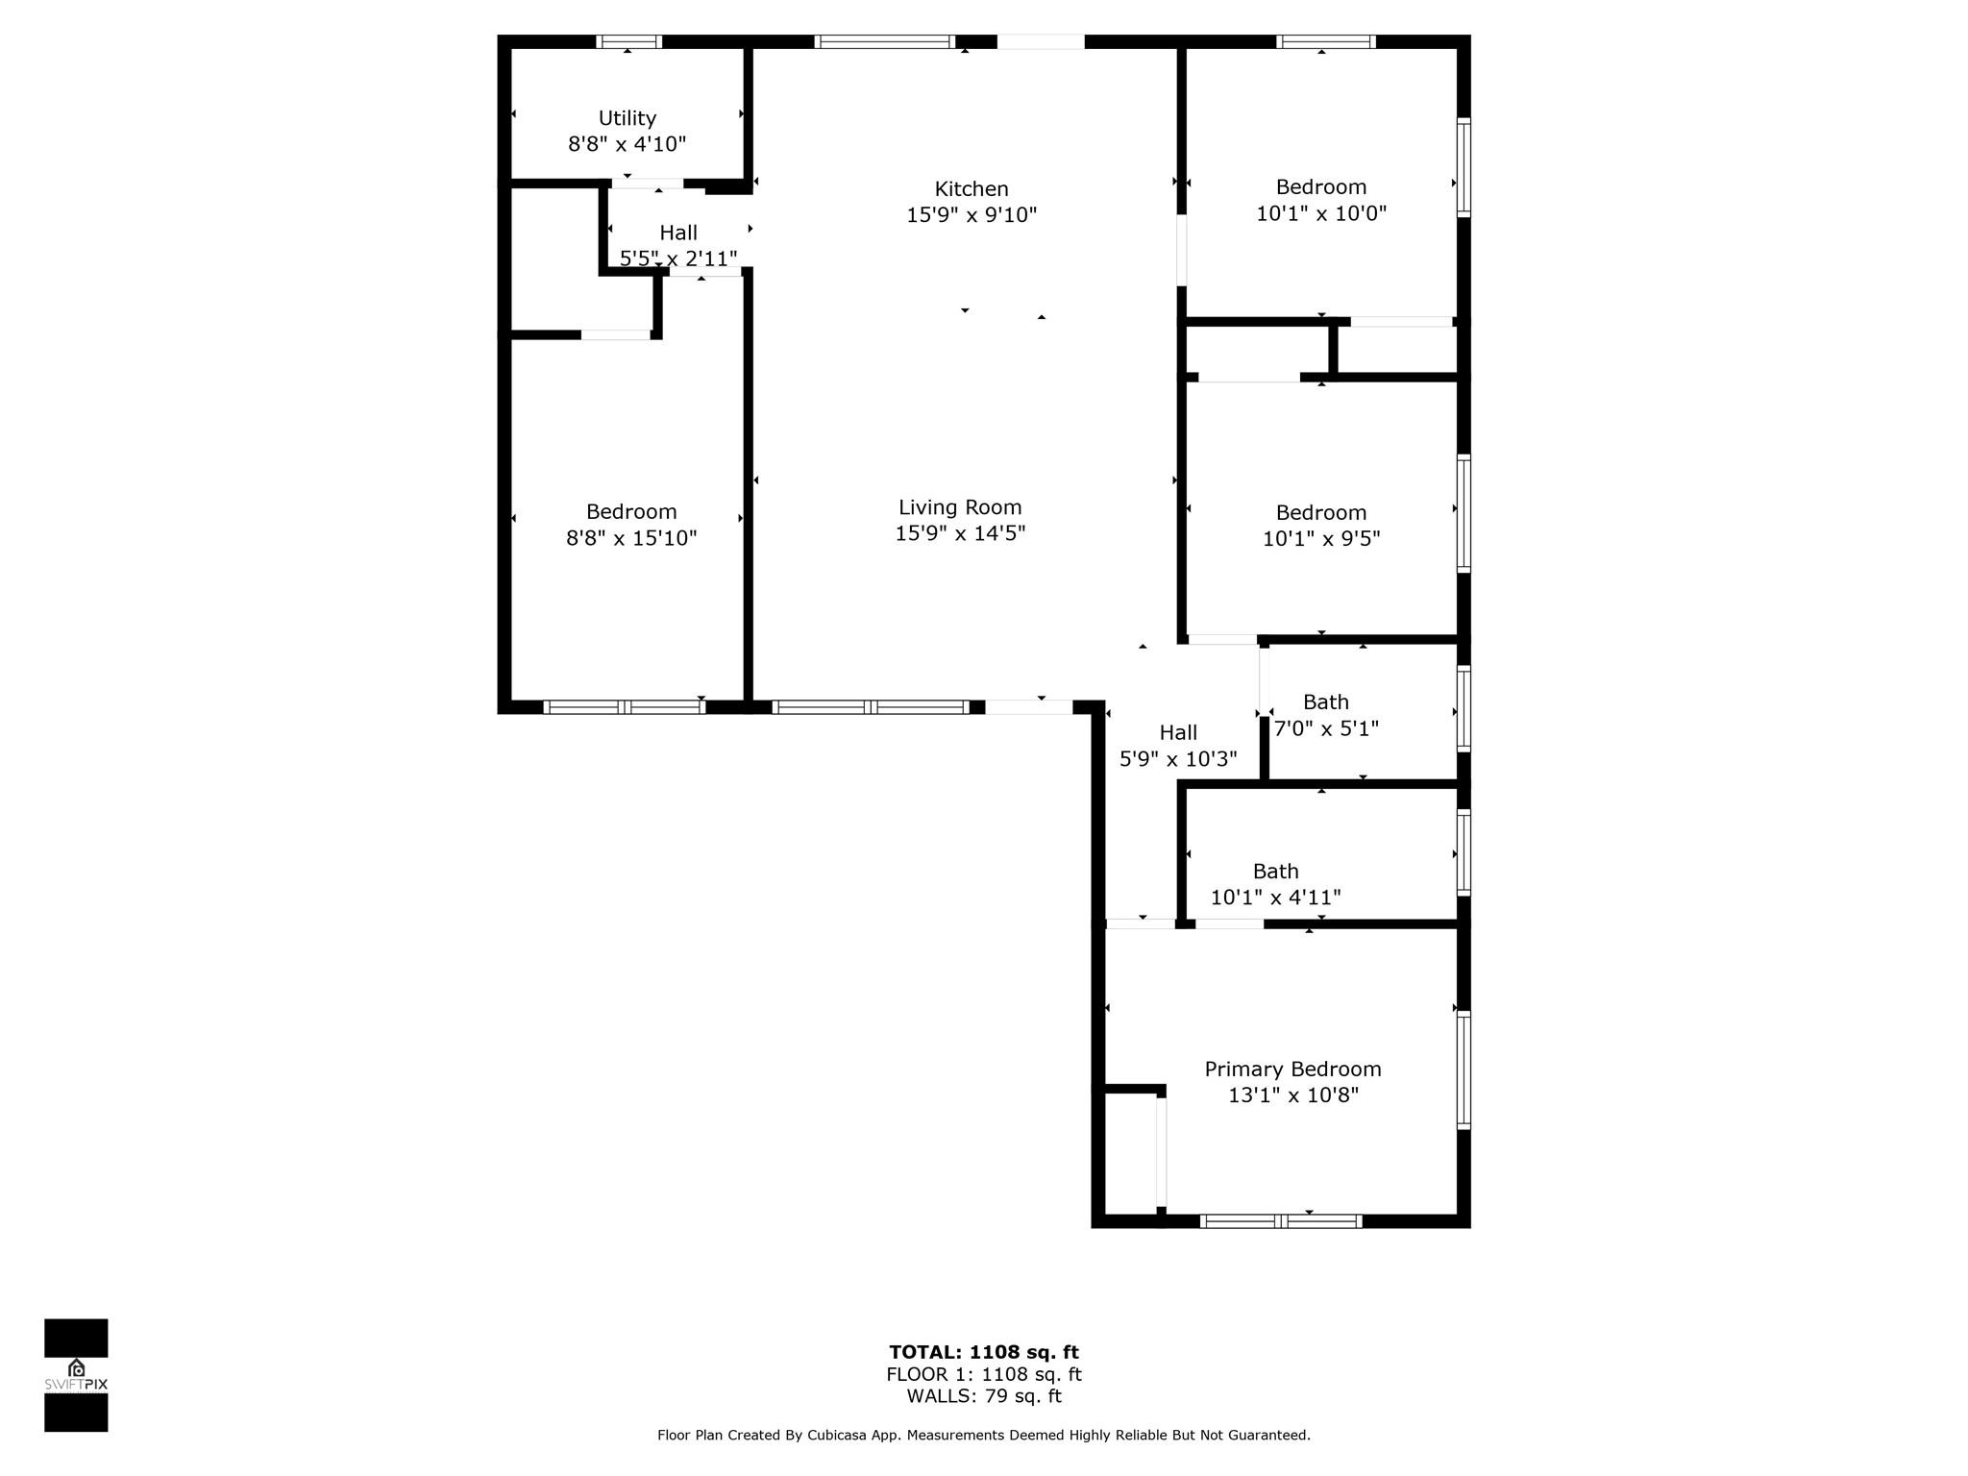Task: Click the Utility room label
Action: tap(627, 118)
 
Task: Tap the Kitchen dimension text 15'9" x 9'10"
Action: tap(972, 215)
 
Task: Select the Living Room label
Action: tap(960, 507)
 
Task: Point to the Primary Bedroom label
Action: tap(1292, 1070)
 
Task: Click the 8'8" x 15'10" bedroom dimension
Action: tap(631, 538)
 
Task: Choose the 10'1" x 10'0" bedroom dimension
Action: tap(1321, 213)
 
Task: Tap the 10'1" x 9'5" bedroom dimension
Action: tap(1321, 539)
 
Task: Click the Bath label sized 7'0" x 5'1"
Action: tap(1326, 702)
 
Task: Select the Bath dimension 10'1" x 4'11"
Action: tap(1275, 898)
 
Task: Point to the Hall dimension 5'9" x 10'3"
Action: tap(1178, 759)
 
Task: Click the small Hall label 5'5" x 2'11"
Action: tap(678, 233)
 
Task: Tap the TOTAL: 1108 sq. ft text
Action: tap(984, 1353)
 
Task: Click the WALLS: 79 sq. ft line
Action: tap(984, 1396)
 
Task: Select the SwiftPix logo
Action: tap(76, 1375)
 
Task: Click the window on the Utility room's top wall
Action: tap(628, 41)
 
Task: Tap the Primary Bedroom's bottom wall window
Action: tap(1281, 1221)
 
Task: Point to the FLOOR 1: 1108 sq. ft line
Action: tap(984, 1375)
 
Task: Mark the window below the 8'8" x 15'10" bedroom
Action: tap(625, 707)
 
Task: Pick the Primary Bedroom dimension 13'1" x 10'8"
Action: tap(1292, 1095)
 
